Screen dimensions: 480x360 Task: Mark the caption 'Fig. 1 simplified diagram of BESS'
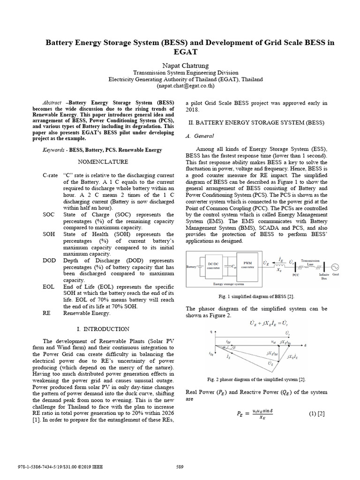(256, 297)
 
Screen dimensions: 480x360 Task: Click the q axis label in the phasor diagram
(210, 331)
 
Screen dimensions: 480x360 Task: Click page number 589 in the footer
(180, 466)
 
